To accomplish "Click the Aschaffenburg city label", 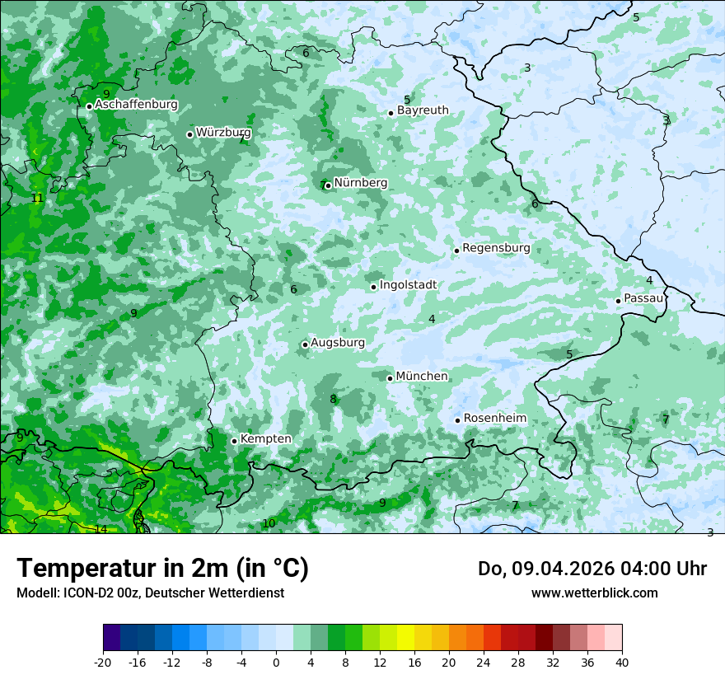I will click(x=136, y=105).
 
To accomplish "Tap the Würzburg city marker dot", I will click(x=189, y=134).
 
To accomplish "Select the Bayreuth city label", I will click(x=423, y=110).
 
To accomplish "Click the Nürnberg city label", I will click(x=360, y=183).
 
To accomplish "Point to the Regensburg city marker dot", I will click(x=456, y=251).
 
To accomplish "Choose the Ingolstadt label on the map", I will click(x=408, y=285).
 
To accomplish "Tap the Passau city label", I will click(x=643, y=298).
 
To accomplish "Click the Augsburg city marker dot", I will click(x=305, y=344).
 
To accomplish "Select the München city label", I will click(x=422, y=377).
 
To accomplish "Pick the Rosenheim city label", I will click(x=494, y=419).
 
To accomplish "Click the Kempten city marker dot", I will click(x=234, y=441).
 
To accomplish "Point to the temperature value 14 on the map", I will click(x=101, y=529).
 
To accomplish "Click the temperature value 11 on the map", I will click(x=36, y=199).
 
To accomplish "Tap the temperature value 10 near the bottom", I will click(x=269, y=524).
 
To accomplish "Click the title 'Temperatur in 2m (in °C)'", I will click(x=162, y=568).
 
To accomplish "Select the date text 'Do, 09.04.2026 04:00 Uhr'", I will click(x=592, y=569).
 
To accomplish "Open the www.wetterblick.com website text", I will click(x=594, y=593).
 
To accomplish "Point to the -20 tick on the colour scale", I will click(x=103, y=663).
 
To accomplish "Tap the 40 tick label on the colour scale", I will click(x=621, y=663).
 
